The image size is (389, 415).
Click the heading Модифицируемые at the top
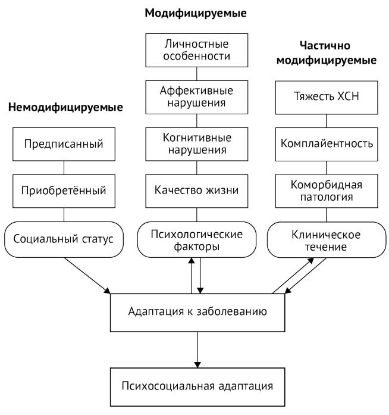196,13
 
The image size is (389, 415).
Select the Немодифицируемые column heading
65,108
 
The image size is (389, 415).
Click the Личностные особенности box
196,51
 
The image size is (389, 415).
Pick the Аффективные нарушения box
196,96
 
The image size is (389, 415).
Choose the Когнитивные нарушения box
196,143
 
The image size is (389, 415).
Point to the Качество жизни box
196,191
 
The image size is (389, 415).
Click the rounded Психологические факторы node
196,240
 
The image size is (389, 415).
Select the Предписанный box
64,143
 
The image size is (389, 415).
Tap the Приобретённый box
64,191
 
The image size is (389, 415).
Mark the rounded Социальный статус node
64,239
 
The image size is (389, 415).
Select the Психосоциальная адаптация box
195,386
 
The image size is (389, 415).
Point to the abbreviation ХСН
347,96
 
